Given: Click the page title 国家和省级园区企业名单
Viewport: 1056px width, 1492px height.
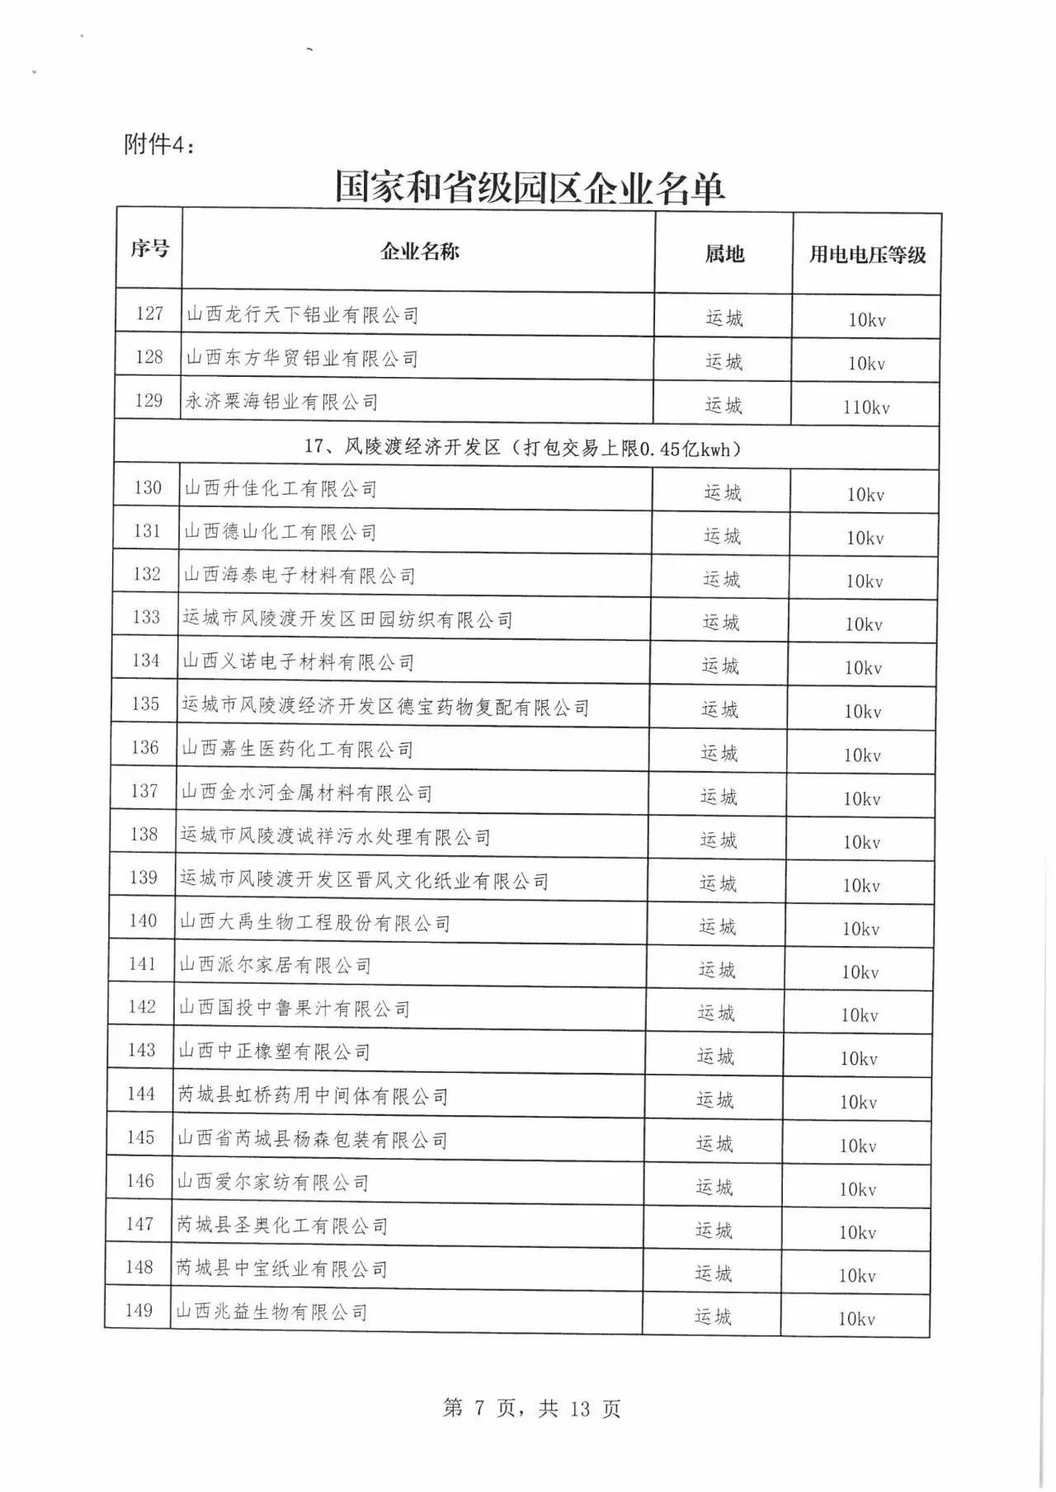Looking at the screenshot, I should pos(529,187).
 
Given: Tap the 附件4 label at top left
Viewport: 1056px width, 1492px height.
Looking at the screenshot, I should pos(160,144).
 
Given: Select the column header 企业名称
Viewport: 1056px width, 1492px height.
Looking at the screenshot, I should pos(419,252).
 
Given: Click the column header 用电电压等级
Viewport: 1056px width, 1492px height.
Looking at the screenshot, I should pos(867,254).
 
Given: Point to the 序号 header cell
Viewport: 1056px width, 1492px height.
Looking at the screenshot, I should pos(149,247).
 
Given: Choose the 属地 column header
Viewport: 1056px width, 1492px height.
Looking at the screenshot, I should pos(724,253).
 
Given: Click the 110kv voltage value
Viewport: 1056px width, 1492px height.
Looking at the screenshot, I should pos(866,407).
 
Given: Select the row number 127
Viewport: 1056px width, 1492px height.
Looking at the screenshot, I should pos(149,313).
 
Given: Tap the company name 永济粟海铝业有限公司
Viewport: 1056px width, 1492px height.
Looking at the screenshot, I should pos(281,402).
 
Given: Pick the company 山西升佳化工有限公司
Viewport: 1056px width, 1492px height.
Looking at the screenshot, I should pos(280,489).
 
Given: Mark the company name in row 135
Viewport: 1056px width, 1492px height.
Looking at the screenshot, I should pos(385,707).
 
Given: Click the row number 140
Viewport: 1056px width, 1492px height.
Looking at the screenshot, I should pos(143,920).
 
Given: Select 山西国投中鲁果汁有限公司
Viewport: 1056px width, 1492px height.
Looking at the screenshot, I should pos(295,1009).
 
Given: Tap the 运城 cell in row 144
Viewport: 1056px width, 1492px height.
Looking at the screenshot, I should pos(714,1099).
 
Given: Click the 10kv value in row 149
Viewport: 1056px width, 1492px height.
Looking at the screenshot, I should pos(856,1318).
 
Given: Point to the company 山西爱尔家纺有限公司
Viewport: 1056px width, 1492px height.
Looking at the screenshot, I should pos(273,1183).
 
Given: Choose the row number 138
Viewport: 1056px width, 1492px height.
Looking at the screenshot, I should pos(144,834).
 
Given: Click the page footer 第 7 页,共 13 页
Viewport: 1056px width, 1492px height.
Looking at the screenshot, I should pos(531,1408).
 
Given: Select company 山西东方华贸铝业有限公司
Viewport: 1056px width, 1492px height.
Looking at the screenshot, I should pos(302,358).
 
